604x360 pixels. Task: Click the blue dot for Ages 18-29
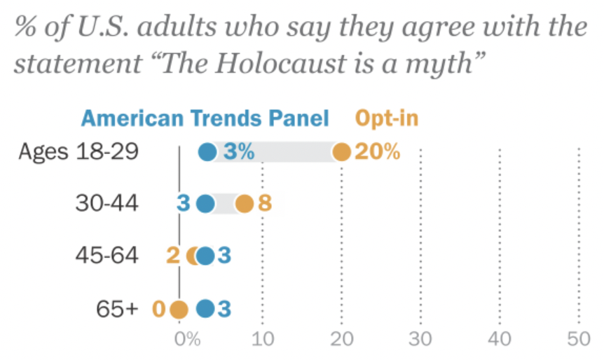coord(207,151)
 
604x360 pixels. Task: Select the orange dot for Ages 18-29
coord(341,151)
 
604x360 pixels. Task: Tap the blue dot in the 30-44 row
coord(205,204)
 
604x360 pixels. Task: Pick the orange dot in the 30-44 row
coord(244,204)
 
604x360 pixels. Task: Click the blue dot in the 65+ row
coord(205,309)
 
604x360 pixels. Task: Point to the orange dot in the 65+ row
coord(179,309)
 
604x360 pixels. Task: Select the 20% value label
coord(377,151)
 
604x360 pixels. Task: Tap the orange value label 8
coord(265,204)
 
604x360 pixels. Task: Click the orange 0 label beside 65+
coord(159,309)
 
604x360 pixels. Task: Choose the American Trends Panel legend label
coord(205,118)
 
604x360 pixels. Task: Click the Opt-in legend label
coord(387,118)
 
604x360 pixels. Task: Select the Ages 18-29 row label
coord(79,151)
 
